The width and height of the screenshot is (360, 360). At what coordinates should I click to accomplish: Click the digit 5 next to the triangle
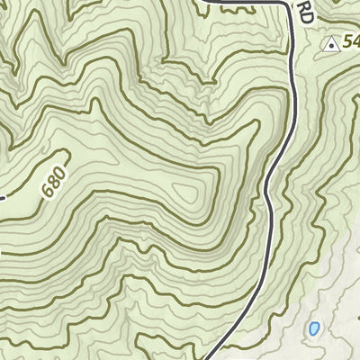click(348, 42)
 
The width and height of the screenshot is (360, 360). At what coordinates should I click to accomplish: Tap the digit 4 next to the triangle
click(357, 42)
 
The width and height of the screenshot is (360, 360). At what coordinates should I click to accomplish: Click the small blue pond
click(313, 329)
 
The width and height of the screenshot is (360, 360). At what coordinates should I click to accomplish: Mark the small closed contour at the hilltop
click(189, 191)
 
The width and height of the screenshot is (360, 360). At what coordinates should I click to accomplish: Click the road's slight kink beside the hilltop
click(268, 189)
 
